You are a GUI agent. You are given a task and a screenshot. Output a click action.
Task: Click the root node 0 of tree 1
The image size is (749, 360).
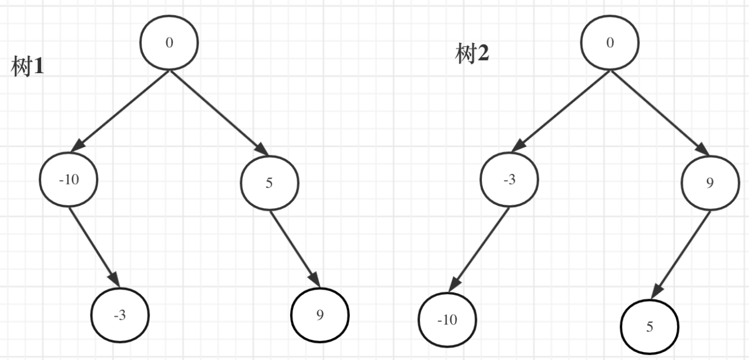169,43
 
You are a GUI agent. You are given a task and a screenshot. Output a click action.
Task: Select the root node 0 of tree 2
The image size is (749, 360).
610,43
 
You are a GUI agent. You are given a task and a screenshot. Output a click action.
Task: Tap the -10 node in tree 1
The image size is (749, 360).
69,179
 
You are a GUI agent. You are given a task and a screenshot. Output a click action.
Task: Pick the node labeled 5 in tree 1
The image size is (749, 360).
269,183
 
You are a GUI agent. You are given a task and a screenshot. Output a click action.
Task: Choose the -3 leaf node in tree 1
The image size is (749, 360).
120,316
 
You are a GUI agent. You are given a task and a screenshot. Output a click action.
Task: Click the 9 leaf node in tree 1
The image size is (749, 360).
320,315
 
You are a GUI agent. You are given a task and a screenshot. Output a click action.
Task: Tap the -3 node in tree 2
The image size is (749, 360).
509,179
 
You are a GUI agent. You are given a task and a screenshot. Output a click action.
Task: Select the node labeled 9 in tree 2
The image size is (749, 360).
710,183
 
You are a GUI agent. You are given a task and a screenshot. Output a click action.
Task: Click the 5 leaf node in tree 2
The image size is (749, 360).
649,326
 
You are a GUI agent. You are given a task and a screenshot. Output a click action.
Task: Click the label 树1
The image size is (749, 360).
28,67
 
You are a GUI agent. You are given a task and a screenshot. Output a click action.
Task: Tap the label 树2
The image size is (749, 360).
472,55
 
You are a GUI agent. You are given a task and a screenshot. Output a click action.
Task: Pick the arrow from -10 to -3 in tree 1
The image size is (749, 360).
94,247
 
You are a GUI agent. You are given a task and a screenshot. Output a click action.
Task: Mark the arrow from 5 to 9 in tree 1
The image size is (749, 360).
295,248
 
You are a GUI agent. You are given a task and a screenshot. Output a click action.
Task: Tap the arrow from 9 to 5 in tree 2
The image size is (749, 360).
681,254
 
